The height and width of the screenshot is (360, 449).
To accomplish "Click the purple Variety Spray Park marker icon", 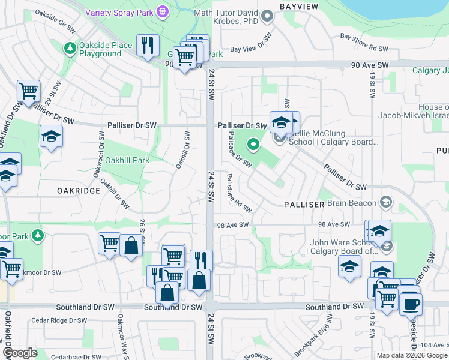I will (x=161, y=11).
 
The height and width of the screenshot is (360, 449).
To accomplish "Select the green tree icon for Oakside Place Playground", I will (x=71, y=47).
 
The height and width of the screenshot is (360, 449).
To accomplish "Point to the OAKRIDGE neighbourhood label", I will (x=78, y=190).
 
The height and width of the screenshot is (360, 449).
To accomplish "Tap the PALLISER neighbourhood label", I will (x=304, y=205).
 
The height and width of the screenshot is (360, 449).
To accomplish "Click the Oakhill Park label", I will (x=127, y=160).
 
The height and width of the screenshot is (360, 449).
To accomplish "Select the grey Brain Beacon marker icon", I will (x=386, y=202).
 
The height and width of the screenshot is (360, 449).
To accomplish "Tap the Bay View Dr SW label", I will (x=252, y=49).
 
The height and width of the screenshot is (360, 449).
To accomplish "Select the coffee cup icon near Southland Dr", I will (x=411, y=303).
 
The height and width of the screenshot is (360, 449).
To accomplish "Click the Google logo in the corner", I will (x=20, y=352).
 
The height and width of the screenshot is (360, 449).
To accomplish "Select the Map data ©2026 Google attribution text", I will (x=411, y=355).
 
